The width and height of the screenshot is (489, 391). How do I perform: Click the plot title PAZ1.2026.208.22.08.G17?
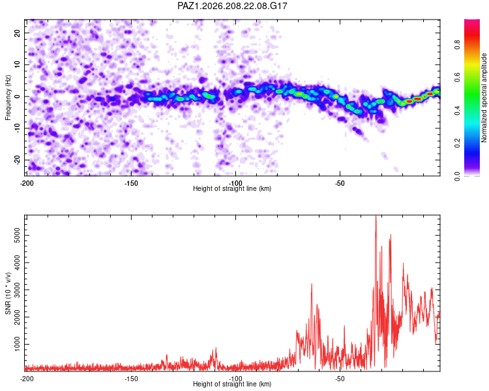coord(232,6)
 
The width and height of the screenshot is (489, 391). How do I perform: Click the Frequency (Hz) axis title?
coord(8,98)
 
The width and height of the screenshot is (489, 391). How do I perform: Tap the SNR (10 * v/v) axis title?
coord(8,293)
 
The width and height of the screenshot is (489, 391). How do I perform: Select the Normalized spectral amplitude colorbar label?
coord(484,98)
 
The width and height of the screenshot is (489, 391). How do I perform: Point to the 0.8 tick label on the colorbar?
coord(457,44)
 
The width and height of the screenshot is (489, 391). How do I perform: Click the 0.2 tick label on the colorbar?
coord(457,143)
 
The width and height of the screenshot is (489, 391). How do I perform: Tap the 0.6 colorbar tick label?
coord(457,78)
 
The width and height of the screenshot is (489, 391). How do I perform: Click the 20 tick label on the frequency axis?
coord(17,33)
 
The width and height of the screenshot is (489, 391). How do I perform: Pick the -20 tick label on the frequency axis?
coord(17,160)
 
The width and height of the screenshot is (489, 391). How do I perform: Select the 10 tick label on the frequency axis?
coord(17,65)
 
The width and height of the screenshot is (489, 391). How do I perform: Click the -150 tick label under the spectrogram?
coord(131,183)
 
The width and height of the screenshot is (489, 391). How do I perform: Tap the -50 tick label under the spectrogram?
coord(340,183)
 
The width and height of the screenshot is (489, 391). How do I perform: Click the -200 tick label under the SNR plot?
coord(27,379)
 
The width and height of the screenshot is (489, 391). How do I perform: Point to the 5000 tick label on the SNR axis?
coord(17,235)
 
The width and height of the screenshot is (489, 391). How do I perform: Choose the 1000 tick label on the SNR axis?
coord(17,344)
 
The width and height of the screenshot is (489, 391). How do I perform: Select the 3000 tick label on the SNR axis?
coord(17,290)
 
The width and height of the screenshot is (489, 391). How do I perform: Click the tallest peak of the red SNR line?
coord(376,216)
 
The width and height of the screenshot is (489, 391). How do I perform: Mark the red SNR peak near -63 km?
coord(312,284)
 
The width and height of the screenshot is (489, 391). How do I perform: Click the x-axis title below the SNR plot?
coord(232,384)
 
